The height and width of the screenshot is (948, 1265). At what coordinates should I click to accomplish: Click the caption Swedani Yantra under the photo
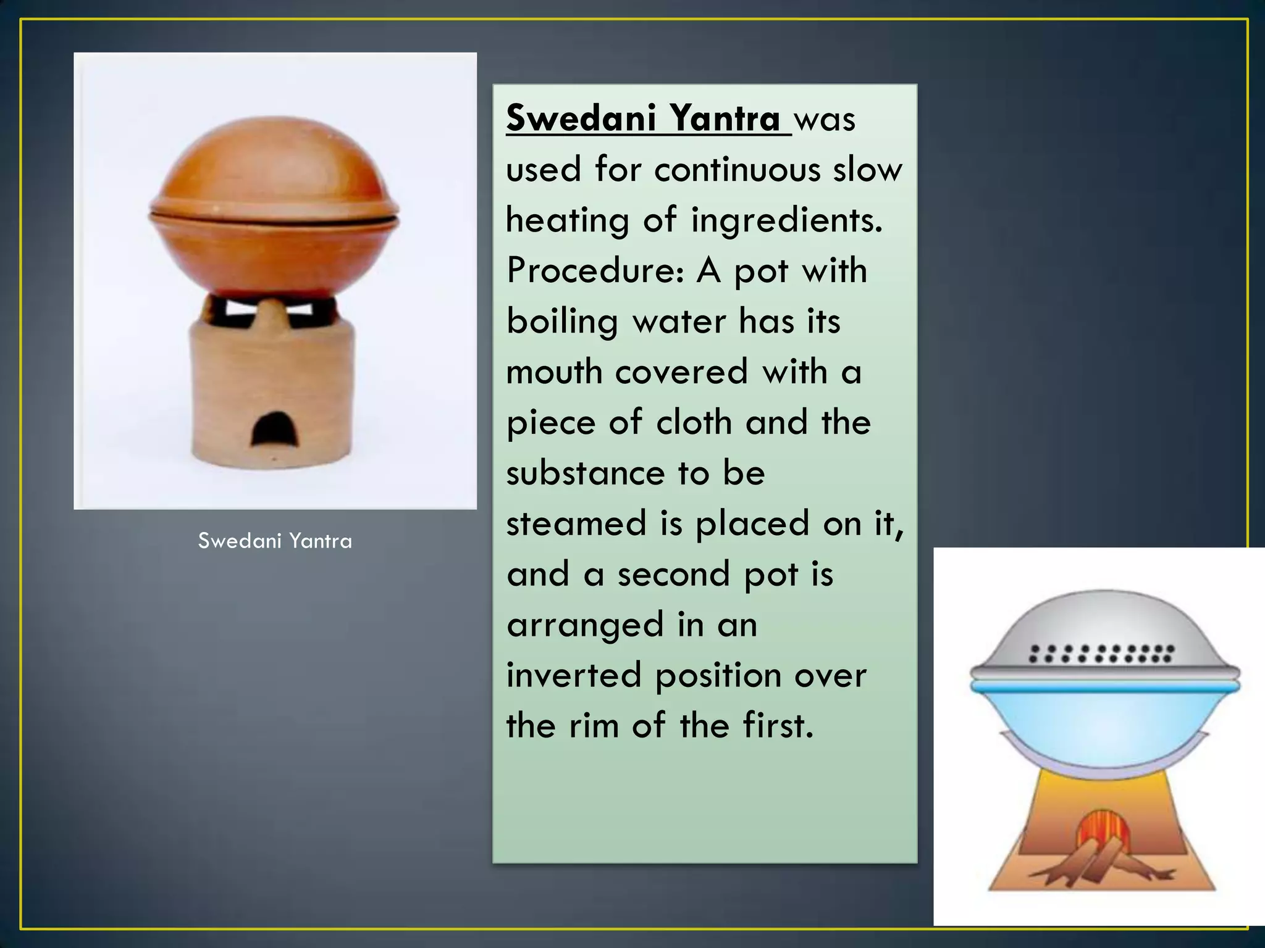click(275, 541)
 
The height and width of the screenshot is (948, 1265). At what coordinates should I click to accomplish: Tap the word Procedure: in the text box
click(595, 270)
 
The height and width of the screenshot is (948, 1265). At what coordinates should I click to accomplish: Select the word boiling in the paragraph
click(562, 322)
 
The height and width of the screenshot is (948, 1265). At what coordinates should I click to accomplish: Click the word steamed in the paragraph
click(576, 523)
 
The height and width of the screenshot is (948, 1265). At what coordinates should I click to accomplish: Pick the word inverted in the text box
click(574, 675)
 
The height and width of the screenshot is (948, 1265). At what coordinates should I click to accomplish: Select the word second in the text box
click(674, 574)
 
